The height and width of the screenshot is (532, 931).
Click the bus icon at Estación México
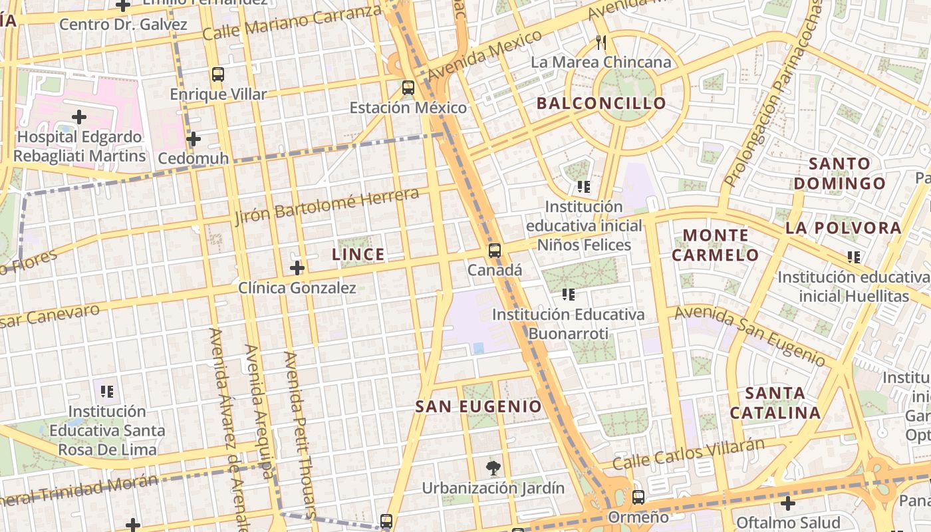[x=408, y=87]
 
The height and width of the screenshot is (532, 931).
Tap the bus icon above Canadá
[x=494, y=251]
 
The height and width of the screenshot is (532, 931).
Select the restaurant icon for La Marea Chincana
[x=601, y=43]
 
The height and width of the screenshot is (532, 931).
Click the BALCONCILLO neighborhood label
[x=601, y=103]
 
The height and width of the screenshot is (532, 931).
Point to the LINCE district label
[x=358, y=254]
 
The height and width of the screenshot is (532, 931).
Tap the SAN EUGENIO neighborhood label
[x=479, y=406]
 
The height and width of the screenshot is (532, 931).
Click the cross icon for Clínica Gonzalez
[x=297, y=268]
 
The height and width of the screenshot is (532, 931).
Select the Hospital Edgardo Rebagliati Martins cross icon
[x=79, y=118]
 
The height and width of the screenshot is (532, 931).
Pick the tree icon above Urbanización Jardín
[x=493, y=468]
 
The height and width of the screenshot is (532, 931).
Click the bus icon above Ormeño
[x=638, y=497]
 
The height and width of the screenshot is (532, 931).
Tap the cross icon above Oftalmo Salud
[x=788, y=503]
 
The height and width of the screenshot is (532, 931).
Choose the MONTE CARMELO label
[x=716, y=245]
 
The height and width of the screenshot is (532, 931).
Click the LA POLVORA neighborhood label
[x=843, y=228]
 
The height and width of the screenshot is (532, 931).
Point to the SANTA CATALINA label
[x=775, y=403]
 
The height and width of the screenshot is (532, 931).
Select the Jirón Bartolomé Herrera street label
[x=327, y=205]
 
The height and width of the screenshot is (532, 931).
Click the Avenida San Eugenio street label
[x=750, y=336]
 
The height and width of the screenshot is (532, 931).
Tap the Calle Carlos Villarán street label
[x=688, y=453]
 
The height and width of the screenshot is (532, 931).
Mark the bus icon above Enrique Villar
[x=218, y=74]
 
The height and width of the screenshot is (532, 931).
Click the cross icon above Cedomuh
[x=194, y=139]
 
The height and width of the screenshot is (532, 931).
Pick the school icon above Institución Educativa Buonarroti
[x=568, y=294]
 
